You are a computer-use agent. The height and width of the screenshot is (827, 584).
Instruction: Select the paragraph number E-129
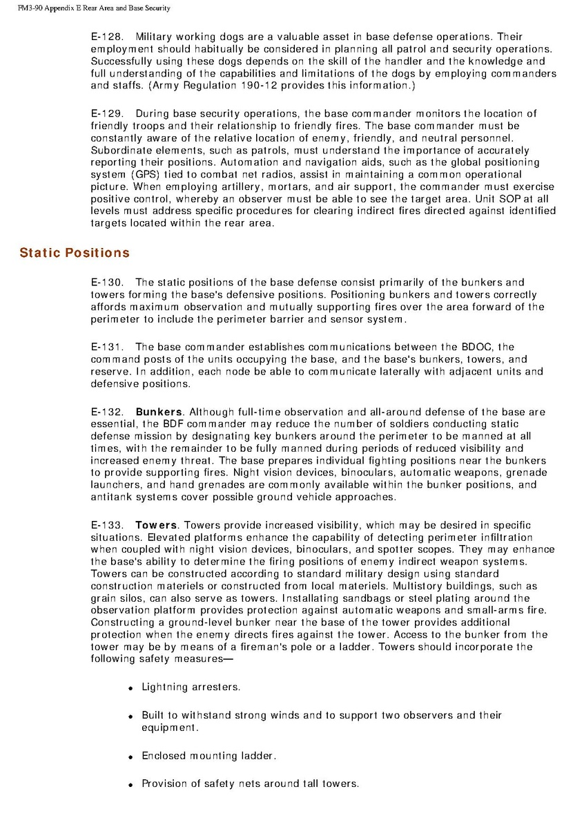tap(106, 113)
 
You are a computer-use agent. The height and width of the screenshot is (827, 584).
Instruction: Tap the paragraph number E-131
tap(106, 347)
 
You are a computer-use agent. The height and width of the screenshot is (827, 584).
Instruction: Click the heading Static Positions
tap(75, 253)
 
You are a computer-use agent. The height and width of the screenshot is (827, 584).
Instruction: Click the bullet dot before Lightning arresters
tap(130, 689)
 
